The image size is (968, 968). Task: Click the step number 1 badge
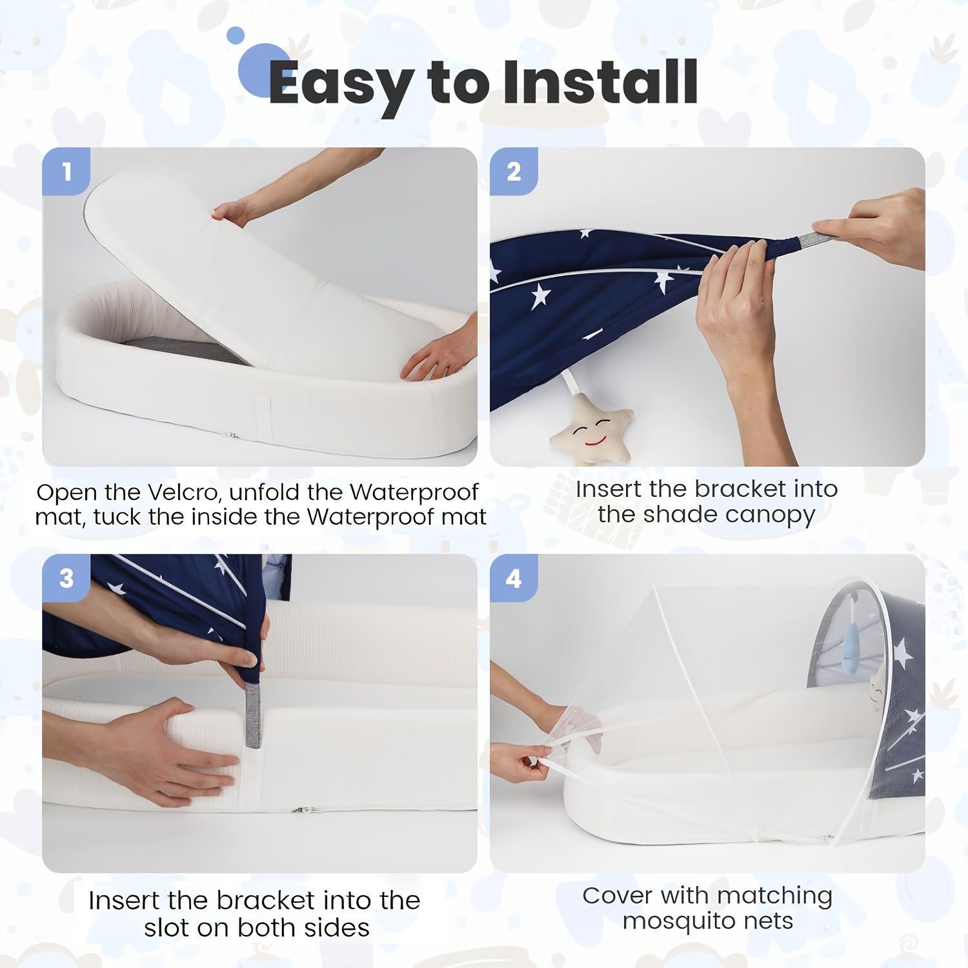[66, 172]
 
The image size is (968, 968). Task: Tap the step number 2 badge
[514, 172]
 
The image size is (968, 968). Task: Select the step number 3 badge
[66, 578]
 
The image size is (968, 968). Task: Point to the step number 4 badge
[514, 578]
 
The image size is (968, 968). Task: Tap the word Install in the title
[600, 82]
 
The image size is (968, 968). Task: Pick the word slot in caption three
[166, 927]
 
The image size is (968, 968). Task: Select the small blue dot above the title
[236, 35]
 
